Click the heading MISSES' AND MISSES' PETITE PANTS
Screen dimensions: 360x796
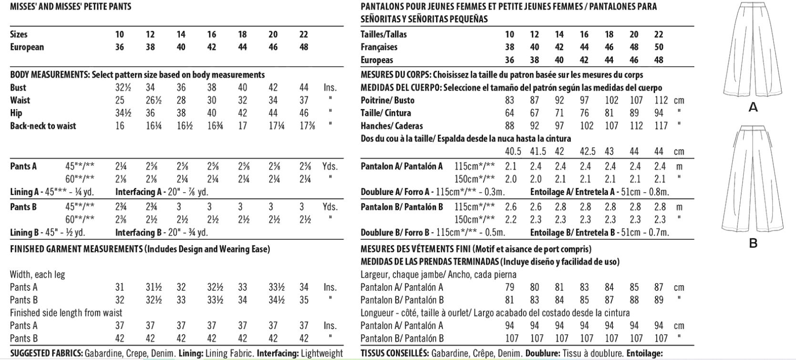pyautogui.click(x=71, y=7)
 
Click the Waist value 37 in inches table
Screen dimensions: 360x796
pyautogui.click(x=304, y=101)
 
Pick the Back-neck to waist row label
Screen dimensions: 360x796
pyautogui.click(x=43, y=126)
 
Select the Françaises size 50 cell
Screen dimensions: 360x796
pyautogui.click(x=659, y=47)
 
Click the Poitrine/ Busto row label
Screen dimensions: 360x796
pyautogui.click(x=387, y=101)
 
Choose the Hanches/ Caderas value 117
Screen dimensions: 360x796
pyautogui.click(x=661, y=126)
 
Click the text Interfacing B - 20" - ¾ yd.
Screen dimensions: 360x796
pyautogui.click(x=162, y=233)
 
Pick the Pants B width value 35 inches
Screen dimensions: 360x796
pyautogui.click(x=304, y=300)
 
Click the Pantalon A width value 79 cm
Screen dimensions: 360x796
pyautogui.click(x=509, y=288)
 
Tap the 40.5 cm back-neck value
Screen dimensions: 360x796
pyautogui.click(x=513, y=152)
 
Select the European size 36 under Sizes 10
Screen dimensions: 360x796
pyautogui.click(x=119, y=47)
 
